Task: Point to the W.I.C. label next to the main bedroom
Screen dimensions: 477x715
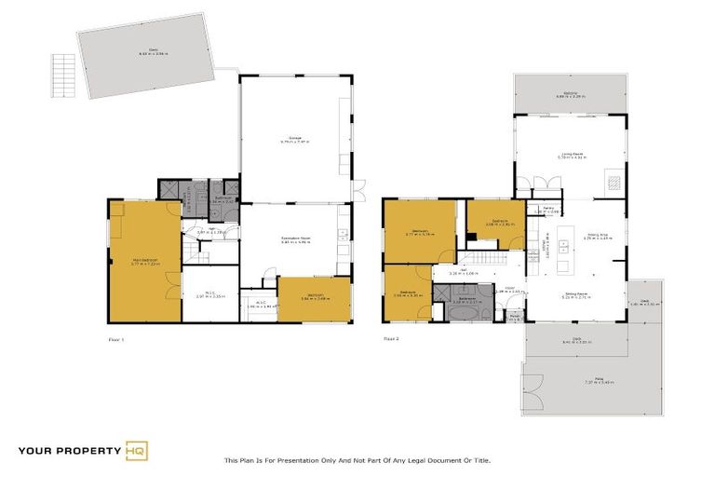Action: click(x=210, y=296)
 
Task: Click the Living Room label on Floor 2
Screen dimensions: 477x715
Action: click(x=571, y=155)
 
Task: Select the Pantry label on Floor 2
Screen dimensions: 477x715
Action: click(x=549, y=210)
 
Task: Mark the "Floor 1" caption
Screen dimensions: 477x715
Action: click(x=116, y=340)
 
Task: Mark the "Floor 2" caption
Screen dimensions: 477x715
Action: click(x=391, y=340)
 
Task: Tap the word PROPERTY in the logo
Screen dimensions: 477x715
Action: click(x=87, y=451)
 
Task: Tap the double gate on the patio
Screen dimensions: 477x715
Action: click(x=534, y=382)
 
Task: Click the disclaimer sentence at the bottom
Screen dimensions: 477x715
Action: click(x=357, y=460)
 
